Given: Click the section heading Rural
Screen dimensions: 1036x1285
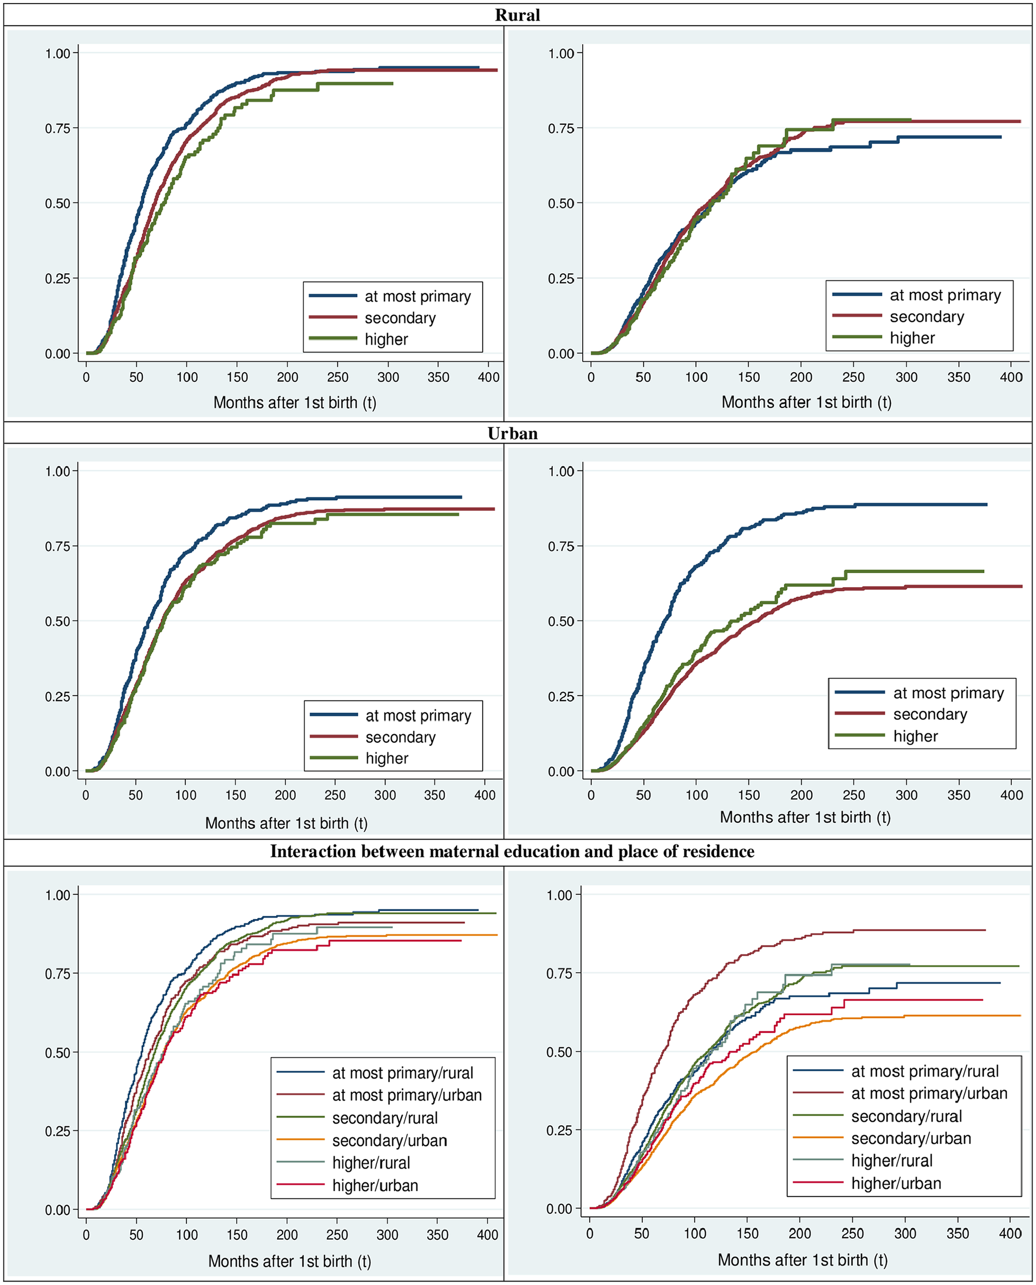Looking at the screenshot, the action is [x=517, y=15].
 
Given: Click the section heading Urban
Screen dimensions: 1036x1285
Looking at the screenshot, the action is [x=513, y=433].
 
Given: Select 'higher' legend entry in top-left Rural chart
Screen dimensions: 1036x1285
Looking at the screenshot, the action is [x=386, y=339].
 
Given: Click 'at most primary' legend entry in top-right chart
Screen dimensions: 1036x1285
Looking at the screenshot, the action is [x=945, y=295].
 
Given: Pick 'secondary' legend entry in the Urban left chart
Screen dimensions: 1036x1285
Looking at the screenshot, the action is [x=400, y=737].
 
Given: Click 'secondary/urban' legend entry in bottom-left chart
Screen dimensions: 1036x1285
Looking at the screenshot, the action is [x=390, y=1141].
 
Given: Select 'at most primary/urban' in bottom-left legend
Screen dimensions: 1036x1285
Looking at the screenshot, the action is [x=407, y=1095].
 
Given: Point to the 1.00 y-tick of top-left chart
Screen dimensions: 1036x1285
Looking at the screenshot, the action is [x=58, y=53].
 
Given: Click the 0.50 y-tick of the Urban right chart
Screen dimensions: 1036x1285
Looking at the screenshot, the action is [x=561, y=621].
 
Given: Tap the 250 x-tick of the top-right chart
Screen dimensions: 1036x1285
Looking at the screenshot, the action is [x=853, y=377].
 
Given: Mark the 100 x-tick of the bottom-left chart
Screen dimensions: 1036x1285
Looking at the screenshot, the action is [x=187, y=1234].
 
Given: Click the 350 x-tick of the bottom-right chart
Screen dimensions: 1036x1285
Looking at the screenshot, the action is [x=958, y=1233].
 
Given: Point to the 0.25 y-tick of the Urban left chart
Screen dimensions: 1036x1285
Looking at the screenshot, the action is [x=58, y=696].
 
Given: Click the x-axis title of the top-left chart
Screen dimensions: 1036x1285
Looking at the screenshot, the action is [x=295, y=403].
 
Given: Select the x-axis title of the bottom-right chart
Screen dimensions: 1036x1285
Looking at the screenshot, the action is [x=802, y=1260].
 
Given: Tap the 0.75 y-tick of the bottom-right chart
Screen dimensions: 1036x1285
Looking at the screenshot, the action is [x=559, y=973].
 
